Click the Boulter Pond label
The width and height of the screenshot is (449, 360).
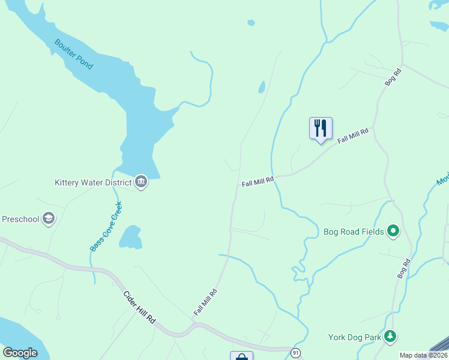click(74, 54)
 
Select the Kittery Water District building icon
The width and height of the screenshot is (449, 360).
click(141, 182)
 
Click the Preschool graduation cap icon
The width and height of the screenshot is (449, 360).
click(49, 219)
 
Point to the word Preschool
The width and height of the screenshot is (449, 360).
click(20, 219)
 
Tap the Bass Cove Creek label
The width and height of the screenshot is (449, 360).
click(106, 226)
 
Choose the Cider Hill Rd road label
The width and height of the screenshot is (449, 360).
click(139, 307)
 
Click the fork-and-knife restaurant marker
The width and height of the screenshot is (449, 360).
click(321, 128)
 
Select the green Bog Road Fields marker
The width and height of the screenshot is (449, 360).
click(393, 230)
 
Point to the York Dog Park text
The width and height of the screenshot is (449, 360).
click(355, 337)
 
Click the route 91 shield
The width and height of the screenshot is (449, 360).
click(295, 353)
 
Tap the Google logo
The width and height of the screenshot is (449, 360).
click(20, 353)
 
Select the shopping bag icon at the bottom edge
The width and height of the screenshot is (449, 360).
click(241, 356)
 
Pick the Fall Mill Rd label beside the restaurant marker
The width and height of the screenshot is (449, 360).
click(352, 136)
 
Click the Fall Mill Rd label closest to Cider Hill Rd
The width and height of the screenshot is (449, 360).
click(205, 302)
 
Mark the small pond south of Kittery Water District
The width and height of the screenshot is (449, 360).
click(131, 238)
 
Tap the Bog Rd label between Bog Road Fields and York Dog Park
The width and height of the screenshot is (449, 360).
click(403, 268)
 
